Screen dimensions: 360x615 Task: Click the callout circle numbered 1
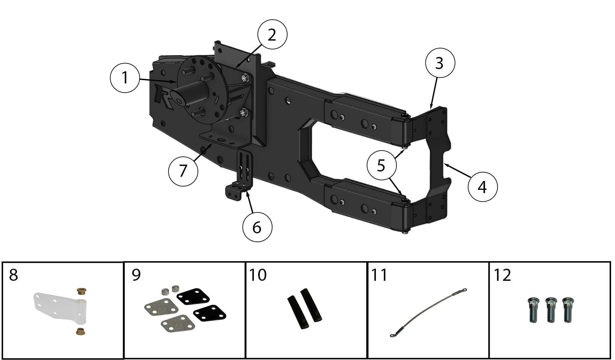(125, 78)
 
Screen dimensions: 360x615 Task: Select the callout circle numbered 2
(272, 35)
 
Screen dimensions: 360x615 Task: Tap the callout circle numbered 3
(440, 63)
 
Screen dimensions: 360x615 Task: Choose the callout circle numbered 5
(381, 166)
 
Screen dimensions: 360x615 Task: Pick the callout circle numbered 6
(257, 227)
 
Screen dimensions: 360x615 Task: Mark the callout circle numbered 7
(183, 171)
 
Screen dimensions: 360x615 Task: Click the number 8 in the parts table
(13, 275)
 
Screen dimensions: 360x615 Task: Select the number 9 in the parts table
(136, 275)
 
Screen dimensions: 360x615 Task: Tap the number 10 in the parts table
(258, 275)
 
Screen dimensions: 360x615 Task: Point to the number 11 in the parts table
(379, 275)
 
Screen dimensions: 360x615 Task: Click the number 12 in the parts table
(502, 275)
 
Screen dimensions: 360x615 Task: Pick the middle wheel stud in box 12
(551, 309)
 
